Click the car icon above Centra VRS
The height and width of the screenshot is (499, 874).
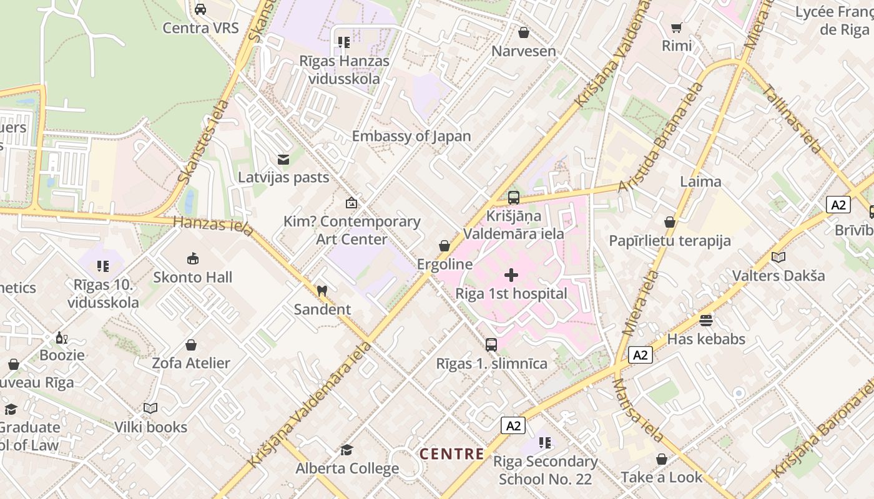(200, 9)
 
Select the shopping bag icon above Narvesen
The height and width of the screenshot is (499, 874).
(524, 32)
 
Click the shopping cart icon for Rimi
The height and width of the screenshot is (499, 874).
(676, 27)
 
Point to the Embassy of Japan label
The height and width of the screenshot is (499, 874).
(411, 136)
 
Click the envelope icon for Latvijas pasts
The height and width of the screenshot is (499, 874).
(283, 160)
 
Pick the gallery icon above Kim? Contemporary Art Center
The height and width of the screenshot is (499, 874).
(351, 203)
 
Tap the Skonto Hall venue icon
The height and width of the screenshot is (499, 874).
(193, 258)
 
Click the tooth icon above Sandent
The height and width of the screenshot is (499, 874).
(322, 291)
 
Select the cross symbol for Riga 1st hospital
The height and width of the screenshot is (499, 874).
(511, 275)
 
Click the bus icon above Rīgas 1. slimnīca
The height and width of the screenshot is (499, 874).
(491, 344)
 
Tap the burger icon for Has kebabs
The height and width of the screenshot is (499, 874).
(706, 321)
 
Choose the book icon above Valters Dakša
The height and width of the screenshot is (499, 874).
(778, 257)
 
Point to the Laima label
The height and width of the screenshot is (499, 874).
(700, 182)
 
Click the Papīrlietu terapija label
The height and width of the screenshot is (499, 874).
(670, 241)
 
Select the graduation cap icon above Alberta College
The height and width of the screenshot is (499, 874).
(346, 450)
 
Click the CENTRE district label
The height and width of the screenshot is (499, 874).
(451, 453)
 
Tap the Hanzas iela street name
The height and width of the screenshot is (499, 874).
(214, 225)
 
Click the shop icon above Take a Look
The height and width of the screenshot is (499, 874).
(662, 460)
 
